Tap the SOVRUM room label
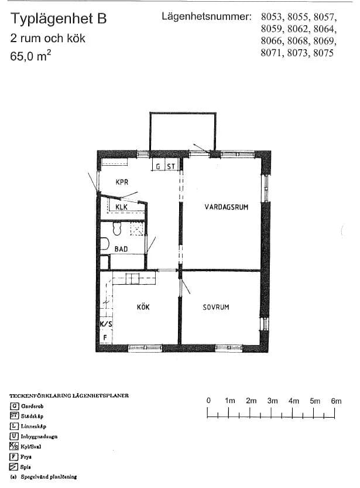(215, 307)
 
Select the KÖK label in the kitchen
(143, 307)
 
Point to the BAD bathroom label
(121, 249)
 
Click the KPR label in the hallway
(122, 182)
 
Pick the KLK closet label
(121, 207)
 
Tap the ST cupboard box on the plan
(172, 166)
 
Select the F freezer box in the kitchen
(105, 337)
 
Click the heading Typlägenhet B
(59, 19)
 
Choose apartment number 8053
(272, 16)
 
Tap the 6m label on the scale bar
(336, 401)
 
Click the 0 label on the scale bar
(208, 401)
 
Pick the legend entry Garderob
(33, 406)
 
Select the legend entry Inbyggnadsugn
(40, 436)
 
